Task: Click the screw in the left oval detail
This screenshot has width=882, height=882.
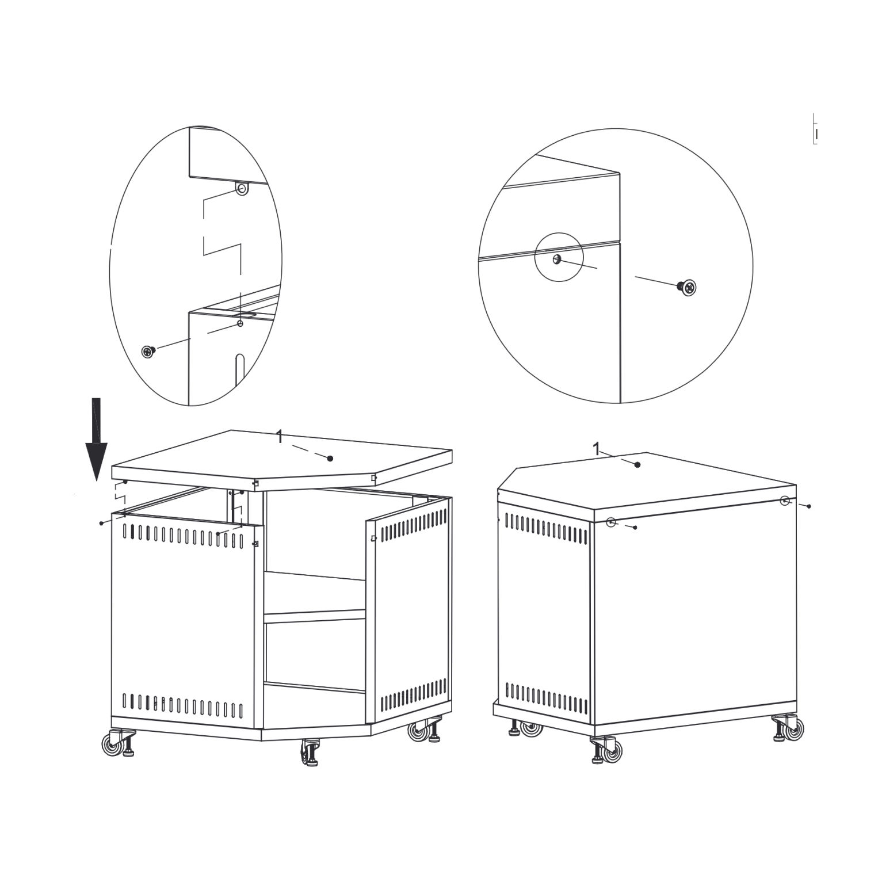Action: (149, 351)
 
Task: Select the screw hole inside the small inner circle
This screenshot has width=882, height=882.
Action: (556, 259)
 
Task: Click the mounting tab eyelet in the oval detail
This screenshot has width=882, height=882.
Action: (243, 189)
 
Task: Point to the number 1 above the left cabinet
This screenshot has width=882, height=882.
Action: (280, 437)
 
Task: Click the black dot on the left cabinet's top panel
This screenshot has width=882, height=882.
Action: (330, 458)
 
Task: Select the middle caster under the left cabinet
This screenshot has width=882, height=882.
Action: (311, 753)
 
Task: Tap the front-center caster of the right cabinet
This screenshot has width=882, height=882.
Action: (605, 750)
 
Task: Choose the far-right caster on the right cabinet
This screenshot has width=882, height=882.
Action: (789, 728)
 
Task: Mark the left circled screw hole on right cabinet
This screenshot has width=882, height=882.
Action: (612, 522)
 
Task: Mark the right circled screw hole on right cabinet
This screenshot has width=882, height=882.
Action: (785, 501)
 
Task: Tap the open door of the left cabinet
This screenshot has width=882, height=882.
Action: (410, 609)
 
